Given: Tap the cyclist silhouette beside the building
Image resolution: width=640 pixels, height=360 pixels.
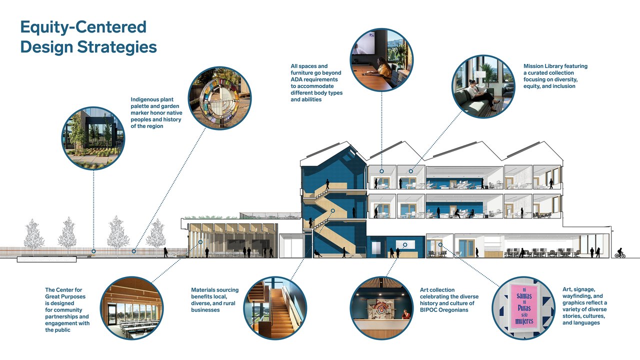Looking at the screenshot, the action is pos(619,253).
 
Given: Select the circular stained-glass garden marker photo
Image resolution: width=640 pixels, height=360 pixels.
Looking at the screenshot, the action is pos(219,98).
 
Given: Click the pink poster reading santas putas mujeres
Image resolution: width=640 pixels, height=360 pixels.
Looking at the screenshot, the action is pos(524,307).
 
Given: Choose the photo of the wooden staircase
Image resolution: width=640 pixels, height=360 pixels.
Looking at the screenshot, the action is pos(275,308).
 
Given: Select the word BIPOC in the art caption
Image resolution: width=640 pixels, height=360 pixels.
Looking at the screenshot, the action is pos(429,310).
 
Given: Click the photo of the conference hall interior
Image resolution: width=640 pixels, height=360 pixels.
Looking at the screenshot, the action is pos(131,308).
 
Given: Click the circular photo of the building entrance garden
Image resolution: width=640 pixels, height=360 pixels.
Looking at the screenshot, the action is pos(93,138).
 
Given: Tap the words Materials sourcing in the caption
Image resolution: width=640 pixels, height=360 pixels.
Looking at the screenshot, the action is pos(215,290).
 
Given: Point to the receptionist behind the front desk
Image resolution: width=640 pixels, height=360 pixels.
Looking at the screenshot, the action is pos(405,314).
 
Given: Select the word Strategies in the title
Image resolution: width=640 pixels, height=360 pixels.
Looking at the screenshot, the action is pos(117,47).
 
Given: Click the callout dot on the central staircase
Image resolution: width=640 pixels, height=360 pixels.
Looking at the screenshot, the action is pos(333,211).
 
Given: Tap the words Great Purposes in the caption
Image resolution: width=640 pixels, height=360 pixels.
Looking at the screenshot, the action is pos(65,296).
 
